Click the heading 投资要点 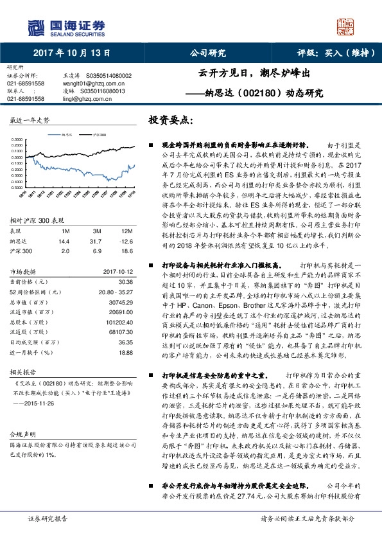[170, 120]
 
